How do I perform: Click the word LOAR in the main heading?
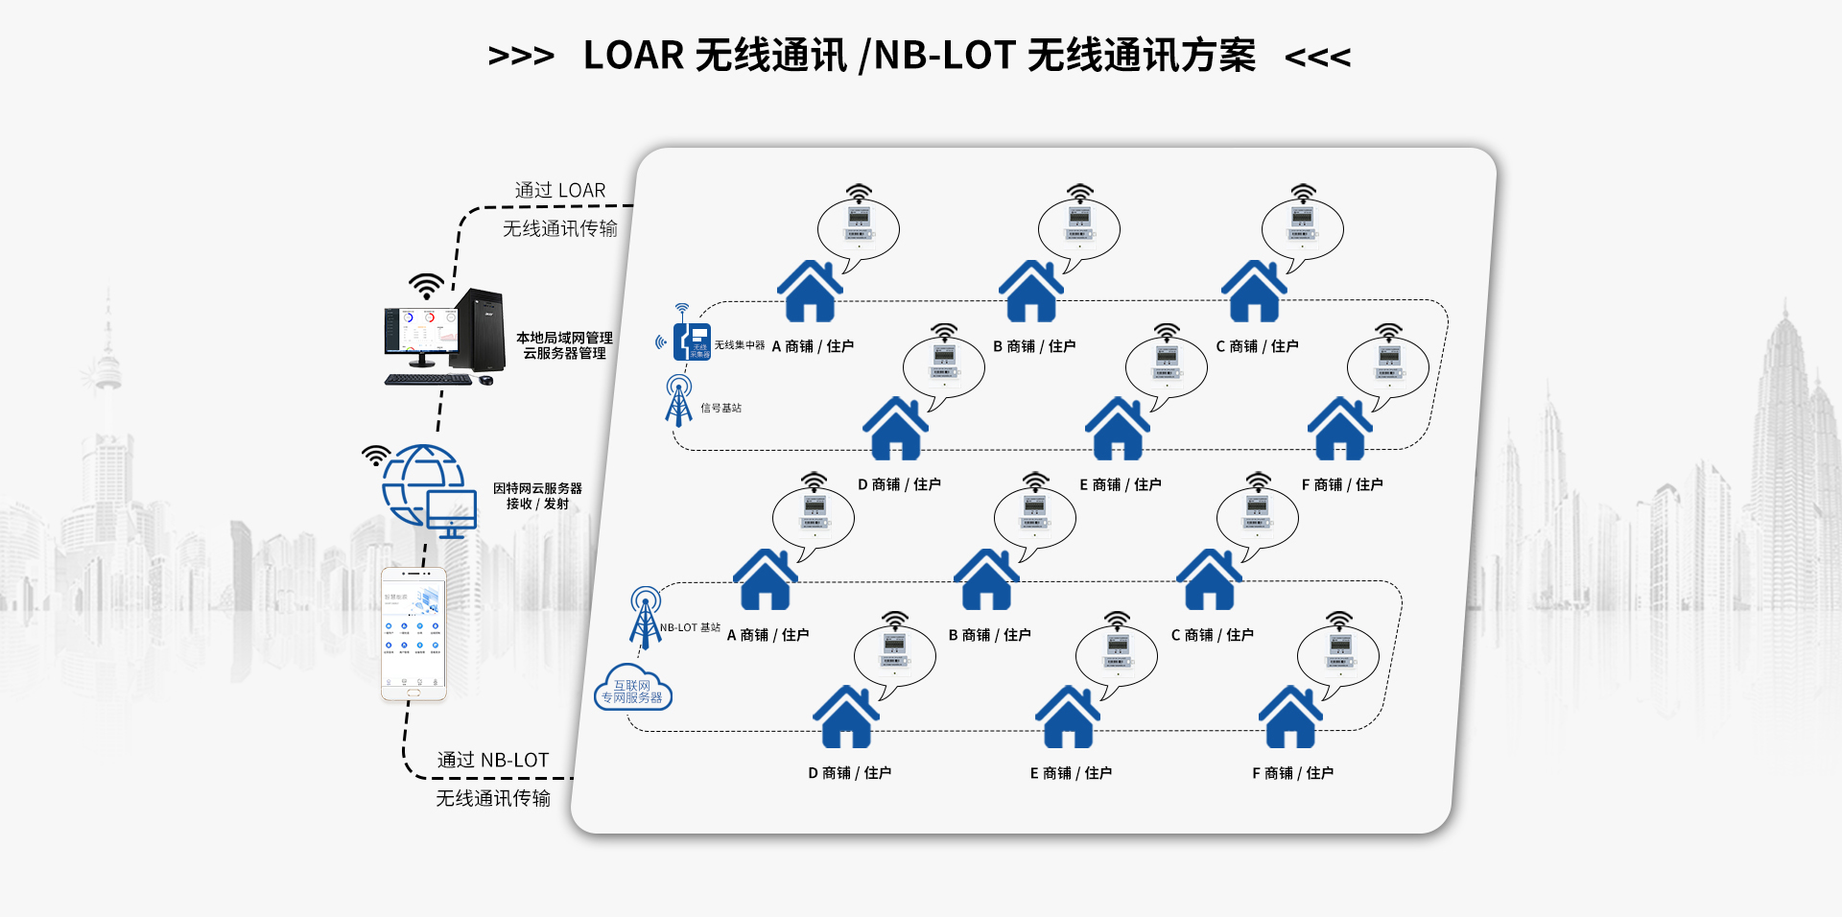pos(633,56)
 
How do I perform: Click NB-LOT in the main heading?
pos(944,56)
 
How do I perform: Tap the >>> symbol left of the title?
pos(521,57)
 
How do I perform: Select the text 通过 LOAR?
pos(560,191)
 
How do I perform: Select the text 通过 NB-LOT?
pos(493,761)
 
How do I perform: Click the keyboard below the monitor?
pos(429,380)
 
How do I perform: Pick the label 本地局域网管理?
pos(564,338)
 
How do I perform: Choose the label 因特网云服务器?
pos(537,488)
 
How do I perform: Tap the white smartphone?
pos(413,634)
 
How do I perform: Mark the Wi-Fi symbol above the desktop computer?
pos(426,286)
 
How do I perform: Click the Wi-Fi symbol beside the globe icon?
pos(375,455)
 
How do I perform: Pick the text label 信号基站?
pos(721,409)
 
